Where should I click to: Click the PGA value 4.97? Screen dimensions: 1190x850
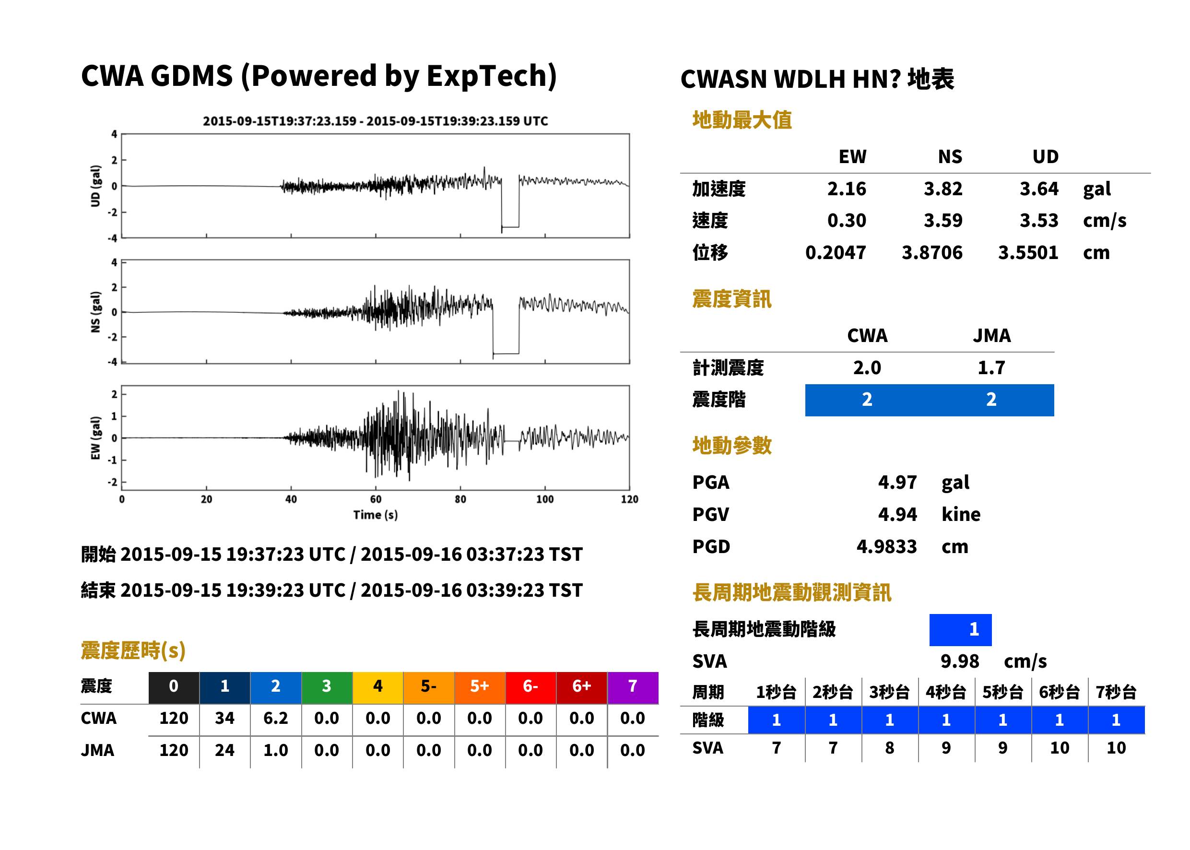[897, 482]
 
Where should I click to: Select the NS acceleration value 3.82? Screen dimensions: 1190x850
[943, 189]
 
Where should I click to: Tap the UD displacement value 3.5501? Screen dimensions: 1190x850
[1028, 252]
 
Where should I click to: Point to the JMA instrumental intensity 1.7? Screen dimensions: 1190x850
[991, 367]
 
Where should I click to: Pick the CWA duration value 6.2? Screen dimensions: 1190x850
[276, 718]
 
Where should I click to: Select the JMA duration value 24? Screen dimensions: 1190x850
[224, 750]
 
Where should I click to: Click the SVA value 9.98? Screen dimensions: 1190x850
[959, 661]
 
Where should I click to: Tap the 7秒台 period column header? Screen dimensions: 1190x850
[1116, 692]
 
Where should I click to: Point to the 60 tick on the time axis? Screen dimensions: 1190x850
[376, 499]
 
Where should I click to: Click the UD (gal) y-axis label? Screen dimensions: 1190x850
[95, 186]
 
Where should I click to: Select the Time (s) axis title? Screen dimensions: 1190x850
[375, 515]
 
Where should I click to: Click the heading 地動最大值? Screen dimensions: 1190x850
[742, 120]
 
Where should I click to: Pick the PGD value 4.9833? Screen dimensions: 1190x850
[886, 546]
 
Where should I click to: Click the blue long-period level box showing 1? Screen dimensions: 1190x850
[960, 630]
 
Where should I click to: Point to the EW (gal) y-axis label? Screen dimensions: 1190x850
[95, 438]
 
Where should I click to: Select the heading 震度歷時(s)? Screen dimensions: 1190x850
[133, 650]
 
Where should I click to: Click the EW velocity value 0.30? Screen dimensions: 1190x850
[846, 220]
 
